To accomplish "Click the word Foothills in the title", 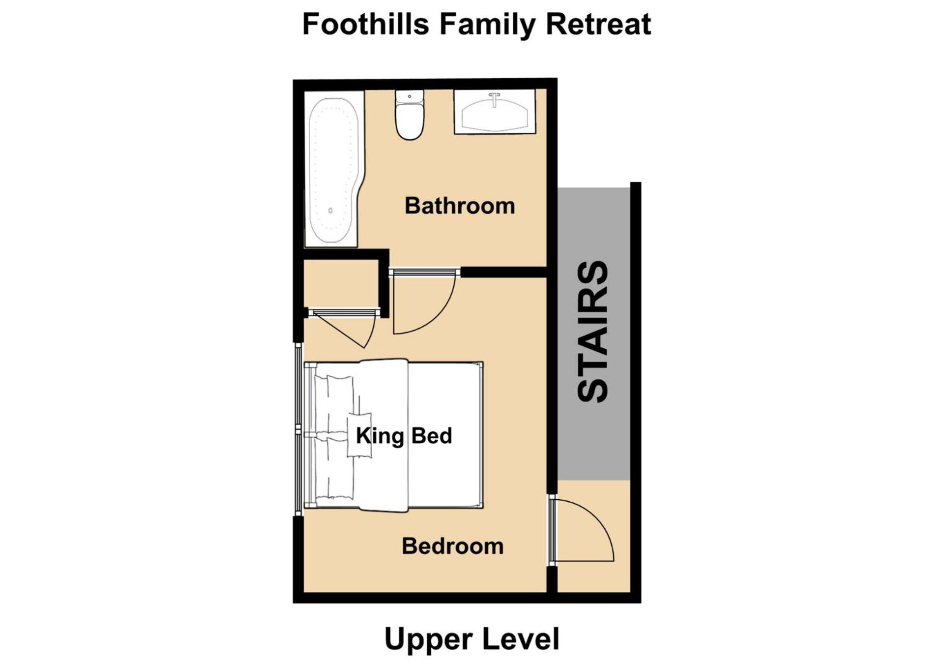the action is tap(365, 24).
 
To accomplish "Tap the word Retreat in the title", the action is tap(598, 24).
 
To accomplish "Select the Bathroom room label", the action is tap(460, 206).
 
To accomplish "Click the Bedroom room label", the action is tap(453, 546).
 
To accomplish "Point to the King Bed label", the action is tap(404, 436).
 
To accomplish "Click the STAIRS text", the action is tap(592, 331).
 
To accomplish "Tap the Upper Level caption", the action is tap(472, 639).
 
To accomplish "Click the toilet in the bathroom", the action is tap(410, 115).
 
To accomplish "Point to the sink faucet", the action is tap(495, 99).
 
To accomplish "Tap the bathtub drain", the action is tap(330, 211).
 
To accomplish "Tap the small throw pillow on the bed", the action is tap(359, 435).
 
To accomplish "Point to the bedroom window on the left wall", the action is tap(298, 429).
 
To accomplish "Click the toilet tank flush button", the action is tap(410, 96).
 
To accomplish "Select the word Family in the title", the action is tap(487, 25).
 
